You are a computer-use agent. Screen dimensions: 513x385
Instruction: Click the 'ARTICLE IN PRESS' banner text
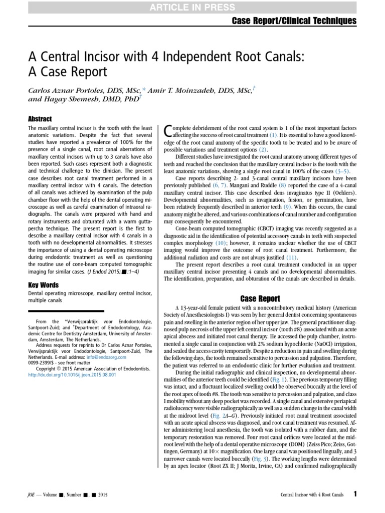click(192, 7)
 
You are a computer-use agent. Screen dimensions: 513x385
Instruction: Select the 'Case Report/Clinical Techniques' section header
click(294, 21)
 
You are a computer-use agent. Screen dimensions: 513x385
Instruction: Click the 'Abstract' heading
click(40, 119)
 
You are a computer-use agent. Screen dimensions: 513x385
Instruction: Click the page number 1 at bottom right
click(355, 494)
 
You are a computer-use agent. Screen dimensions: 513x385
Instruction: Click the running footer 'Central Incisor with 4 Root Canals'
click(311, 495)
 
